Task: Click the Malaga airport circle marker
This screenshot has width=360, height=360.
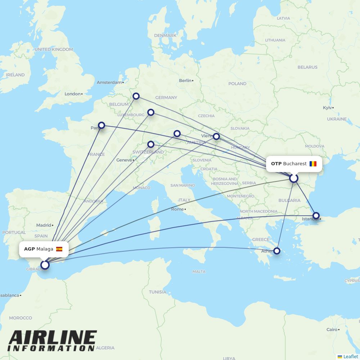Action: pyautogui.click(x=45, y=265)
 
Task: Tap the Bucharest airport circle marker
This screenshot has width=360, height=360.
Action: pyautogui.click(x=294, y=178)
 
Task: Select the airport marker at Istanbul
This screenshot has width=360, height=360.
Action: pyautogui.click(x=316, y=216)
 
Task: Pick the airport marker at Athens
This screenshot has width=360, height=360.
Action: pyautogui.click(x=277, y=251)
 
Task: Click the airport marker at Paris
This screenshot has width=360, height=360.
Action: pyautogui.click(x=102, y=125)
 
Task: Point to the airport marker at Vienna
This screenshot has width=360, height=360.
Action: pyautogui.click(x=216, y=136)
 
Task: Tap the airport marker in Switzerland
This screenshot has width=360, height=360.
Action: pyautogui.click(x=151, y=144)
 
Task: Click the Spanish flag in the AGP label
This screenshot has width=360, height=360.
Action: pyautogui.click(x=59, y=249)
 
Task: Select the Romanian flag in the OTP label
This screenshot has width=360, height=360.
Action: pyautogui.click(x=313, y=164)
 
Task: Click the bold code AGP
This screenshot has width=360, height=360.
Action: pyautogui.click(x=30, y=249)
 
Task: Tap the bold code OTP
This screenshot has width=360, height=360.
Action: pyautogui.click(x=276, y=164)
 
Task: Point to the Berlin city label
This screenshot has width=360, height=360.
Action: pyautogui.click(x=185, y=81)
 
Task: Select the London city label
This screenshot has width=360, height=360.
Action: pyautogui.click(x=73, y=94)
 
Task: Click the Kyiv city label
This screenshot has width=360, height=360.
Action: pyautogui.click(x=327, y=108)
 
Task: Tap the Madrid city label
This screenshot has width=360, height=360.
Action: pyautogui.click(x=44, y=225)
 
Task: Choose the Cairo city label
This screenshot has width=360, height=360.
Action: pyautogui.click(x=332, y=329)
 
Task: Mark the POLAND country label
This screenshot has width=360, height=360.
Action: pyautogui.click(x=237, y=84)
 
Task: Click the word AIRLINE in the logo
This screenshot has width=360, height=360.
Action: pyautogui.click(x=53, y=338)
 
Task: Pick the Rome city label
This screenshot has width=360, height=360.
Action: pyautogui.click(x=177, y=209)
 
